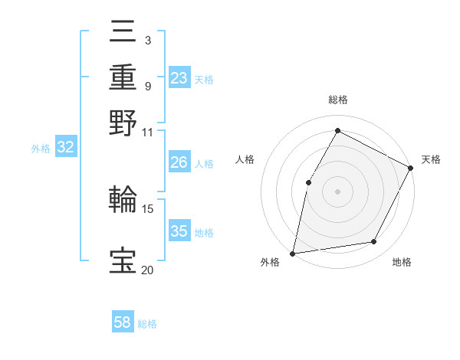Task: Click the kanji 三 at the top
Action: coord(123,34)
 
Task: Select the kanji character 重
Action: coord(123,77)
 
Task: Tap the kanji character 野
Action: coord(123,123)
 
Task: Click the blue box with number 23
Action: coord(179,78)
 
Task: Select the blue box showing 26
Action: coord(179,162)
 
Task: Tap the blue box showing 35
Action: coord(179,231)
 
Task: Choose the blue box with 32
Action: coord(66,148)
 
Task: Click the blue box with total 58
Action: coord(123,322)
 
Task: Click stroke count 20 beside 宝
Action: coord(147,269)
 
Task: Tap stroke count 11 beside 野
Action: coord(147,132)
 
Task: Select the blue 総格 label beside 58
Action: coord(148,324)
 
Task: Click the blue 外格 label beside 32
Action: coord(41,149)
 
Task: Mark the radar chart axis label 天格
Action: coord(432,159)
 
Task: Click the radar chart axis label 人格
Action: coord(245,159)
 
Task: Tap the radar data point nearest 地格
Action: coord(374,242)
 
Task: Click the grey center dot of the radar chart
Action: coord(337,191)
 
